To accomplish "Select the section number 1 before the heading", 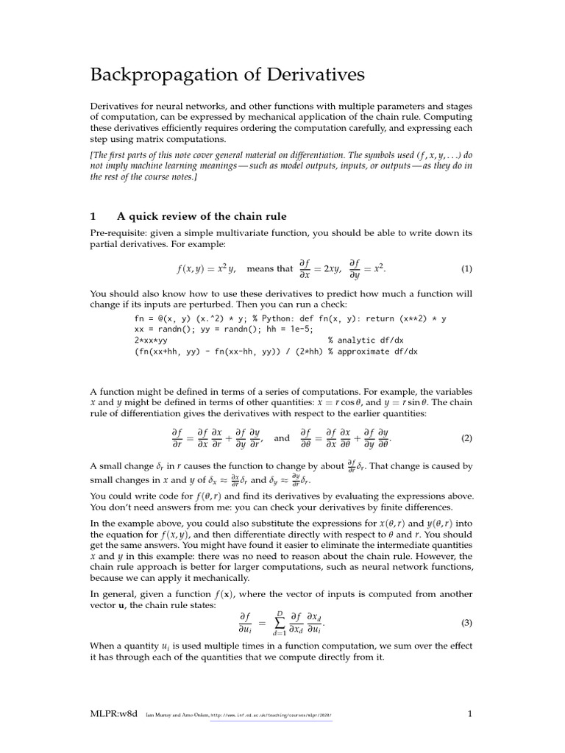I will coord(93,216).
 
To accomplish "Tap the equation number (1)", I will coord(466,269).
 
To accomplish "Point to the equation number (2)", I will coord(466,438).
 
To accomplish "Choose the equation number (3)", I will coord(466,623).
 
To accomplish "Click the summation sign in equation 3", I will coord(280,623).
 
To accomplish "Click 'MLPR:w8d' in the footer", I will coord(113,713).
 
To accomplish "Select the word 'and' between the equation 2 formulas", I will coord(282,438).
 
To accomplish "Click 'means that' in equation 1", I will coord(269,269).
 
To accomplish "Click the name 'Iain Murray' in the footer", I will coord(160,714).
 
